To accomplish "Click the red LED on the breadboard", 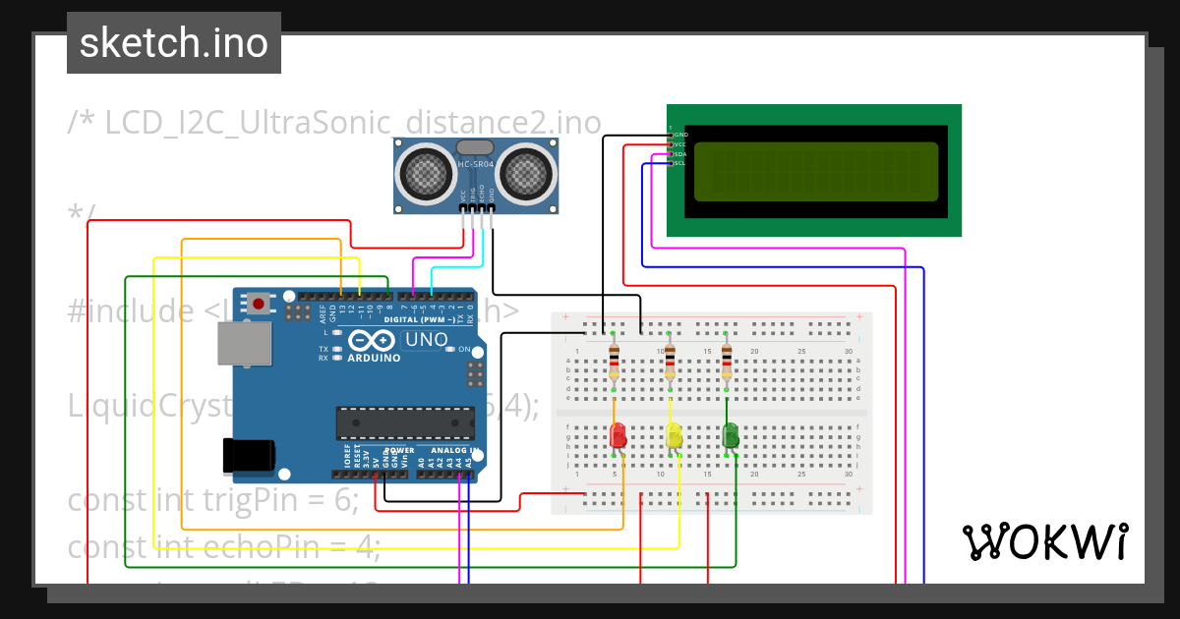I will (618, 435).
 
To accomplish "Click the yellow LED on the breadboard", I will (675, 435).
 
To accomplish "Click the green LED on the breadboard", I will (731, 434).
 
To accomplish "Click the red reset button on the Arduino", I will (259, 304).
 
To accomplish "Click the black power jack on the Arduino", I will (249, 455).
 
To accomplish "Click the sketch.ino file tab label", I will (174, 43).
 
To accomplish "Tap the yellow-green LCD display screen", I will (815, 171).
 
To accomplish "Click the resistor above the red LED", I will (615, 362).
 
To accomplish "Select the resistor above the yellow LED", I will (671, 362).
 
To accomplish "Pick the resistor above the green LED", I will (727, 362).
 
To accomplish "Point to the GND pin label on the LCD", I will (680, 135).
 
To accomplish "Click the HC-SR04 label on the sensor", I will (477, 164).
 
